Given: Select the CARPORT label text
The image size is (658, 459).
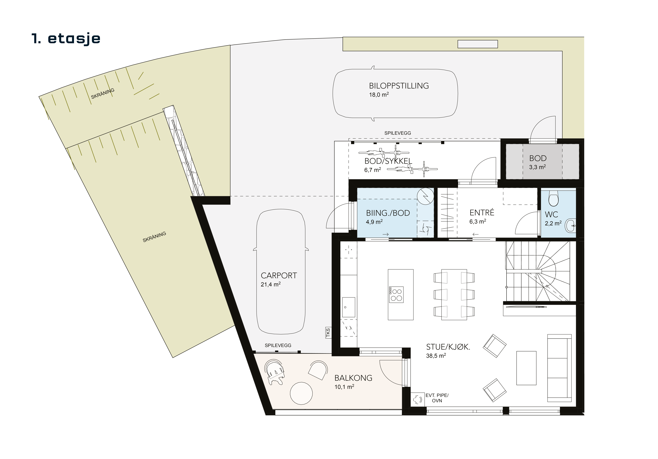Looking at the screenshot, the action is pyautogui.click(x=279, y=276).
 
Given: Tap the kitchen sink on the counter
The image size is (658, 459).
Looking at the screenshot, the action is pyautogui.click(x=349, y=307).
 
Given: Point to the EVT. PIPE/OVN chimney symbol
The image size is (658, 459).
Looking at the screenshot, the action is pyautogui.click(x=417, y=399).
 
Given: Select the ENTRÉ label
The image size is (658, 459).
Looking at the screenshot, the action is pyautogui.click(x=482, y=213).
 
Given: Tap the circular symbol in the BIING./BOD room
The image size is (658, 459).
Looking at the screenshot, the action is pyautogui.click(x=425, y=196).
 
